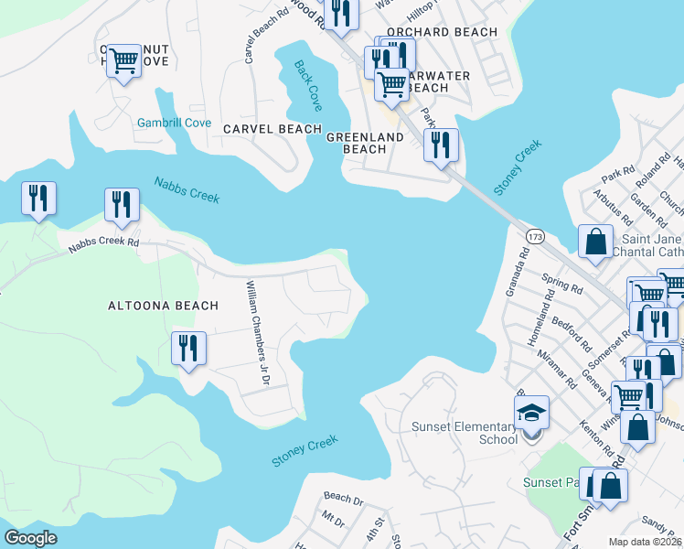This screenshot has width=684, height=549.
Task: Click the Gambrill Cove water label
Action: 174,123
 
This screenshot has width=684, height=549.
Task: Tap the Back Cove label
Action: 308,81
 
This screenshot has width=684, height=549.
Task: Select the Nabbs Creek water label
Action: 187,189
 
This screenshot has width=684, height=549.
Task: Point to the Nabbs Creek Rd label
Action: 103,242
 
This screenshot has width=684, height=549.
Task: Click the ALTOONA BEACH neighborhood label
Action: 163,306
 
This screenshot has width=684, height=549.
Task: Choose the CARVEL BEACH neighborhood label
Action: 273,129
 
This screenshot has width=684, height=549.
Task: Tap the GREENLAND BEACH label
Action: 365,143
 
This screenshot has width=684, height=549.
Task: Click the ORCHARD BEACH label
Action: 442,32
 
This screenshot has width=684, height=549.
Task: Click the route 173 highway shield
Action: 536,238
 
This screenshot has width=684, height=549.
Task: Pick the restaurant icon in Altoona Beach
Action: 189,349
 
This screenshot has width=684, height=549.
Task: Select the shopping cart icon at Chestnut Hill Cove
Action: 123,62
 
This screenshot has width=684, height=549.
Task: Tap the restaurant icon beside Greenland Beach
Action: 442,145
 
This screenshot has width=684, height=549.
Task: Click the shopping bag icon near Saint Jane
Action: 595,242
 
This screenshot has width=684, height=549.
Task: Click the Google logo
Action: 31,537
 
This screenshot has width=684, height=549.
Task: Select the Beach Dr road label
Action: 343,499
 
